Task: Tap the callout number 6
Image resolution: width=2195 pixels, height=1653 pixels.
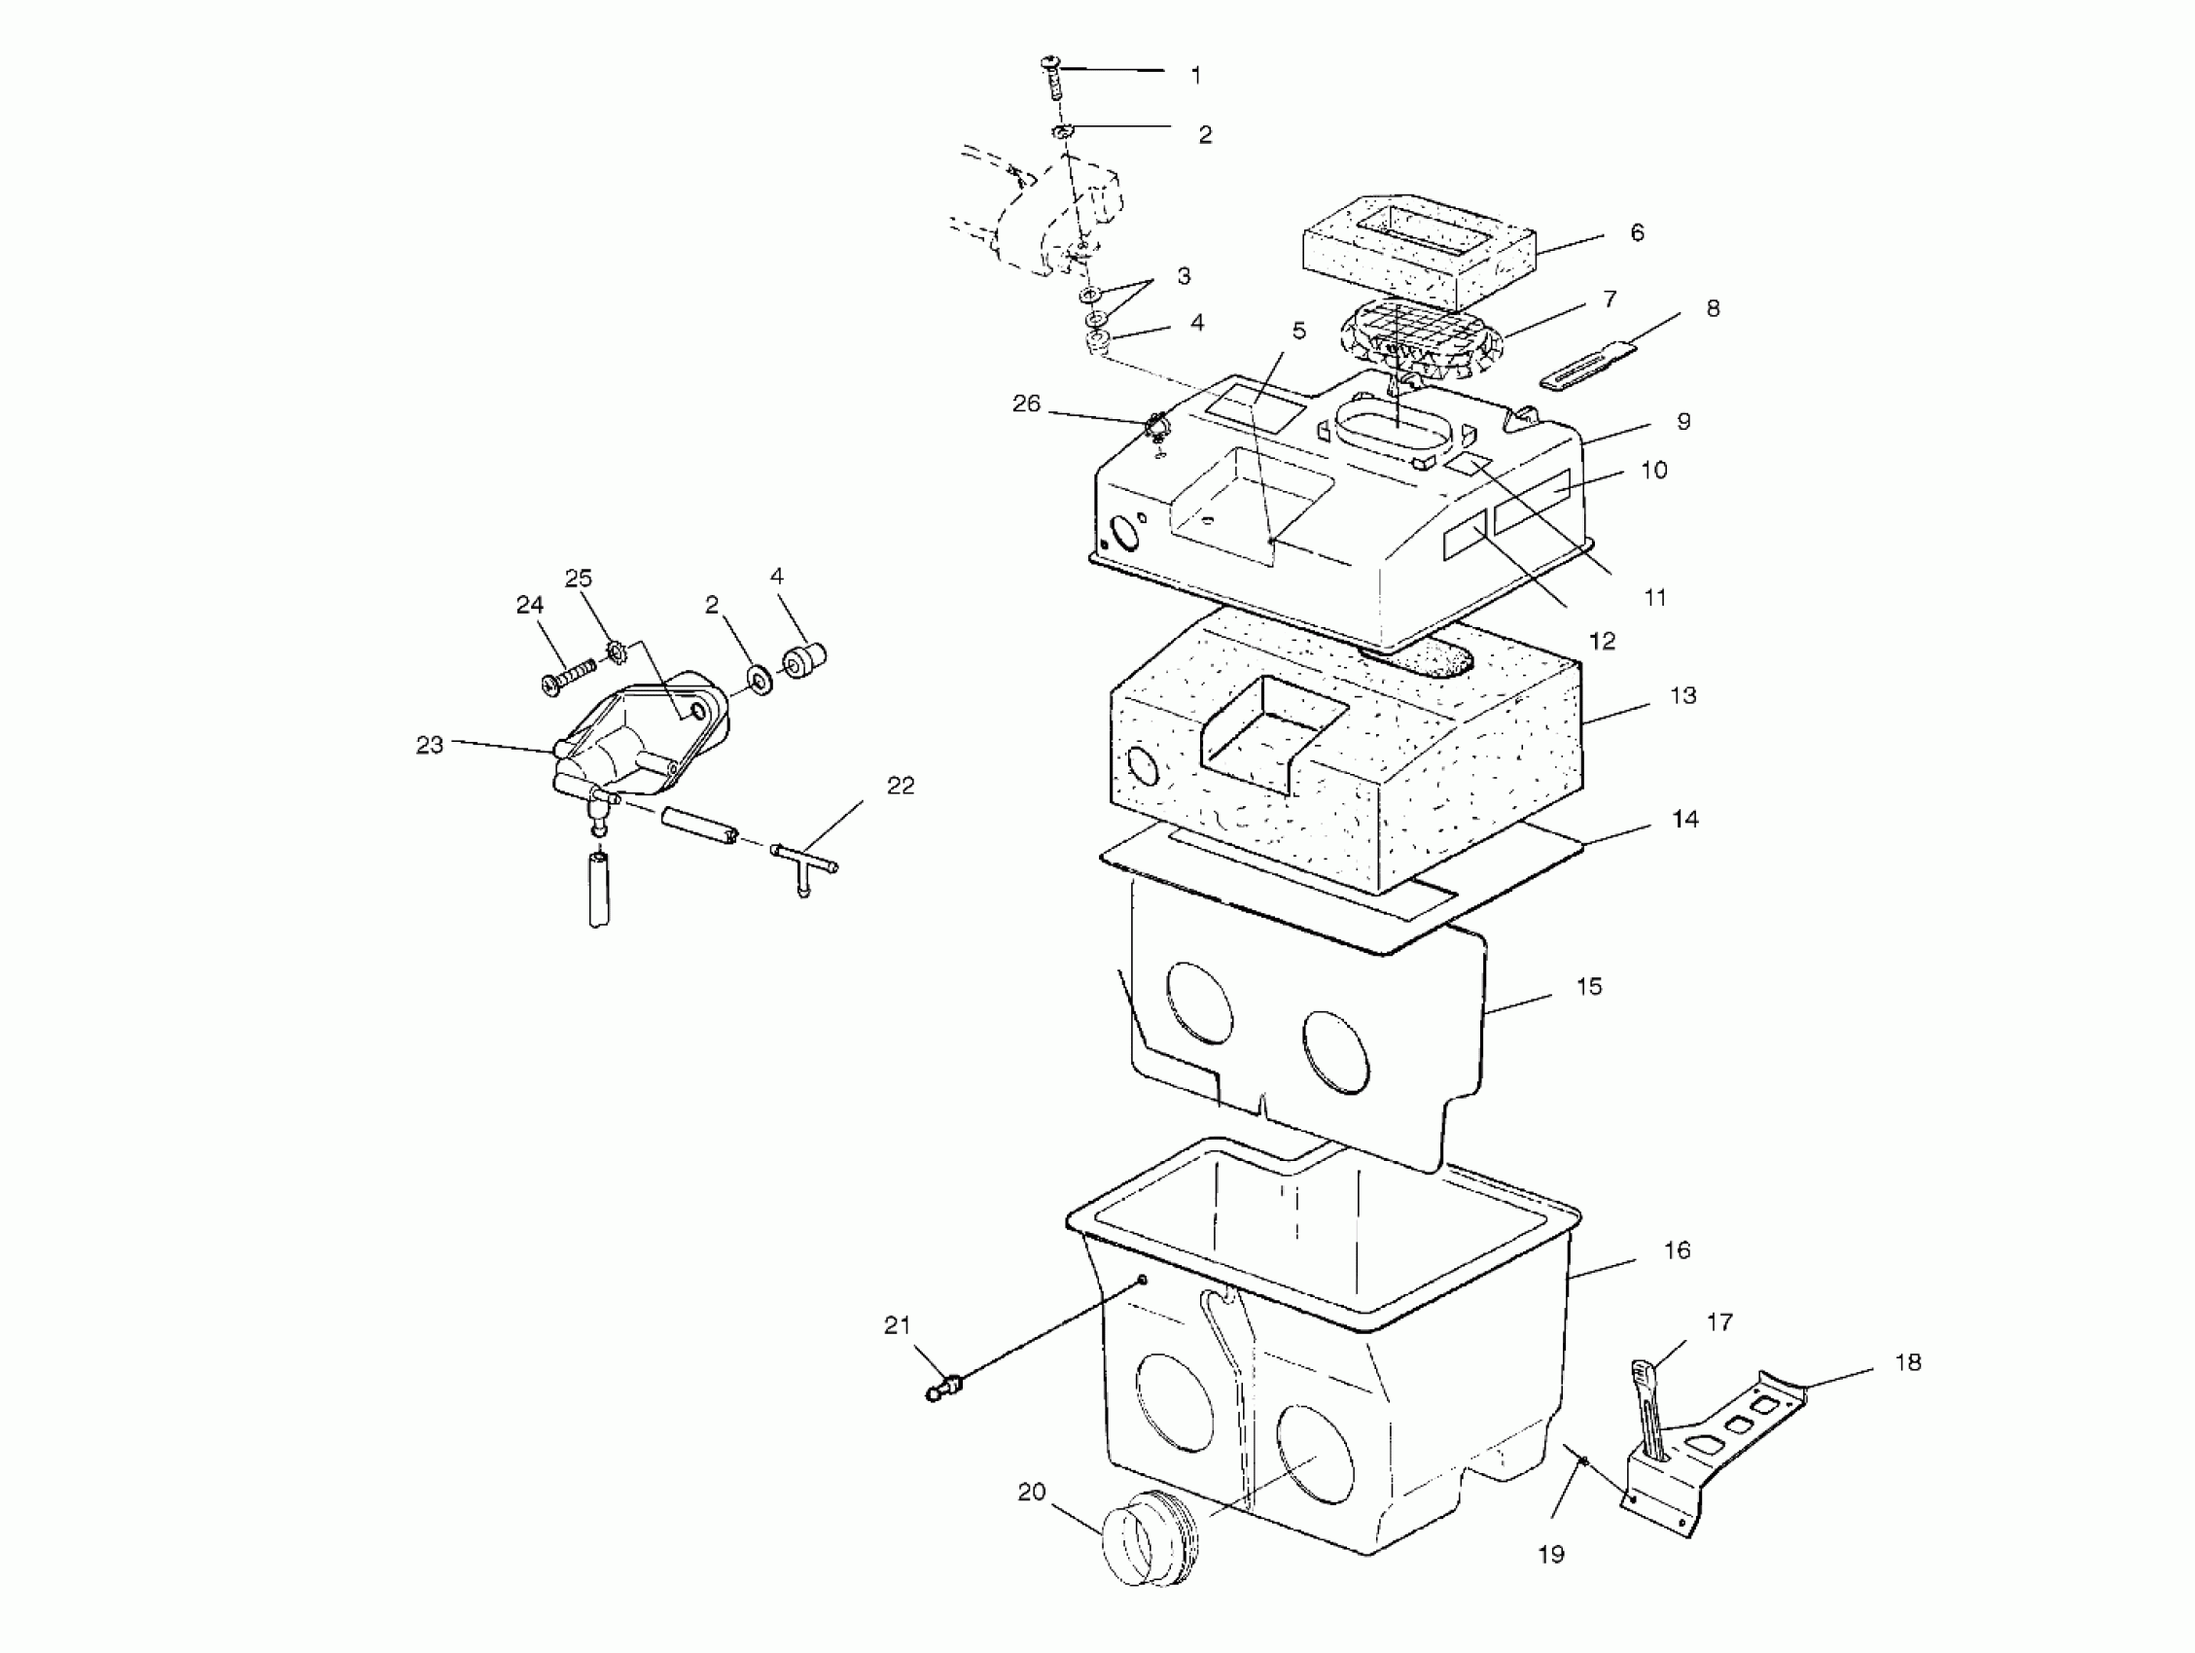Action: [x=1637, y=232]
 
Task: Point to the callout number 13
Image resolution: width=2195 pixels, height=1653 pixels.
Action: [x=1683, y=695]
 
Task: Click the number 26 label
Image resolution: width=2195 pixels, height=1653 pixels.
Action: [x=1026, y=404]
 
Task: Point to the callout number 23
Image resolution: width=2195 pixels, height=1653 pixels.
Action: [x=429, y=744]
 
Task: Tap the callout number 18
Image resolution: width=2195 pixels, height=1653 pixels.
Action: [x=1907, y=1362]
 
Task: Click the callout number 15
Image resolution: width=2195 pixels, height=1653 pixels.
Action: [x=1589, y=986]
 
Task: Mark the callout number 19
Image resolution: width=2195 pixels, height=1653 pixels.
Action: [x=1551, y=1554]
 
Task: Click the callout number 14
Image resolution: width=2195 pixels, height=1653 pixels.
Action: [x=1685, y=819]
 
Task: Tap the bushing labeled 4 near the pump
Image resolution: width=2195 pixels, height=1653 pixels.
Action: [x=804, y=658]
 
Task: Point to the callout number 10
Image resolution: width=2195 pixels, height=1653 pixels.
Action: [x=1653, y=470]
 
